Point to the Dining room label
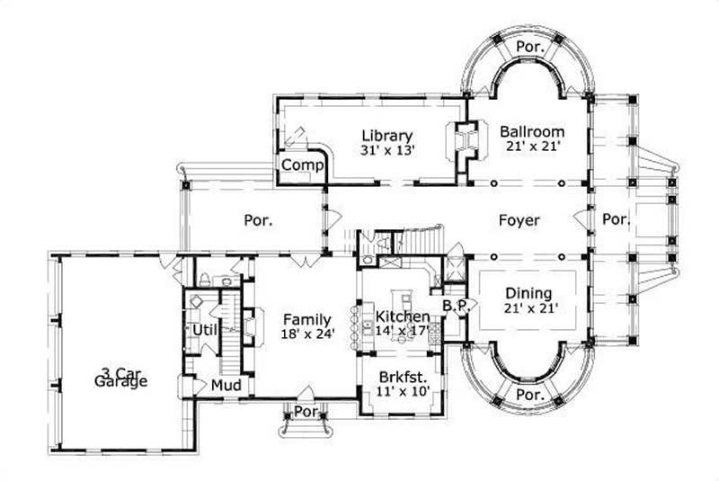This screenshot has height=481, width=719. point(528,293)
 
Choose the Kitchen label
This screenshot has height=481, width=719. point(402,317)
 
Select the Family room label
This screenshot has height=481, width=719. point(306,319)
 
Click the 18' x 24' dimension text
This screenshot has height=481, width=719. point(306,334)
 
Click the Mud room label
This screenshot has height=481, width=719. point(224,386)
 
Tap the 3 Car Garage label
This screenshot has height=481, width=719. point(123,377)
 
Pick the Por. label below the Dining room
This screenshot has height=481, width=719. point(530,395)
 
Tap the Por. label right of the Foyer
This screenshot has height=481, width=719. point(616,219)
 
